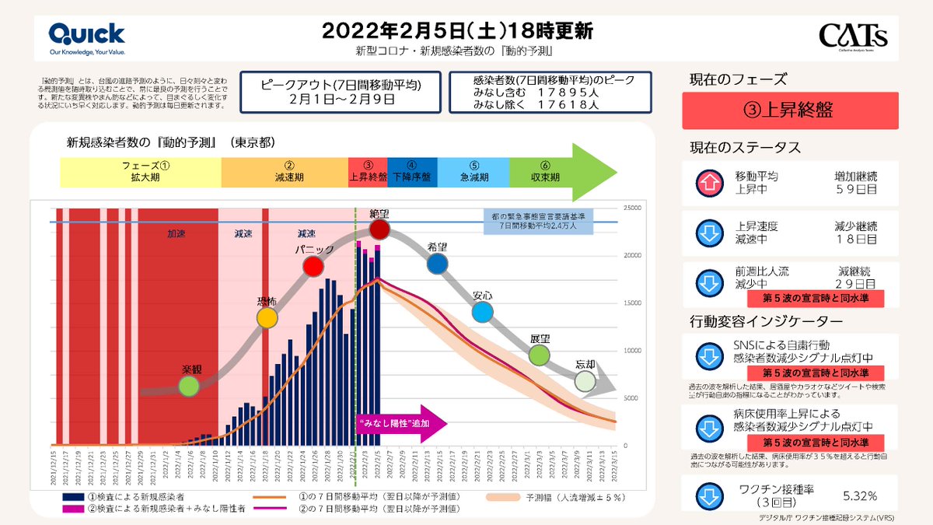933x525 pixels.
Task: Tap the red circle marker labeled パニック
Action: tap(313, 266)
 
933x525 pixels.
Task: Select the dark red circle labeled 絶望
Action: tap(379, 229)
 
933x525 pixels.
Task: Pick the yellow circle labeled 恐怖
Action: tap(267, 317)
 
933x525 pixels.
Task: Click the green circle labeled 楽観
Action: tap(188, 386)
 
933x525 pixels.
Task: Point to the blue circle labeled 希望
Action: tap(438, 264)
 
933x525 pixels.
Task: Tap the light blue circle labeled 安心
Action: tap(483, 313)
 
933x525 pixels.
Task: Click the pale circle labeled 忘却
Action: tap(585, 381)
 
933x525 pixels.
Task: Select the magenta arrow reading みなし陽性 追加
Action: tap(401, 423)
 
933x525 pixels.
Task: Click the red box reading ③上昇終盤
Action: tap(789, 110)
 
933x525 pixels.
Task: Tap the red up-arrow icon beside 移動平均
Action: tap(708, 184)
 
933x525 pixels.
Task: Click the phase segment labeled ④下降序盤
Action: tap(412, 171)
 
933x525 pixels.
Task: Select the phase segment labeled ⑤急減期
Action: tap(473, 171)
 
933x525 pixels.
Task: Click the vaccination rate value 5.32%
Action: tap(861, 495)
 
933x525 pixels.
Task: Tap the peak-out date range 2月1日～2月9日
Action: tap(341, 100)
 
